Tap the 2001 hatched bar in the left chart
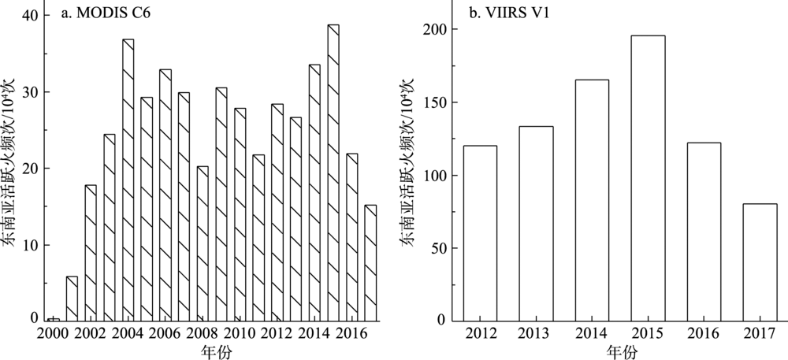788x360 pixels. point(72,299)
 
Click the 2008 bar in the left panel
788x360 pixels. point(203,243)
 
